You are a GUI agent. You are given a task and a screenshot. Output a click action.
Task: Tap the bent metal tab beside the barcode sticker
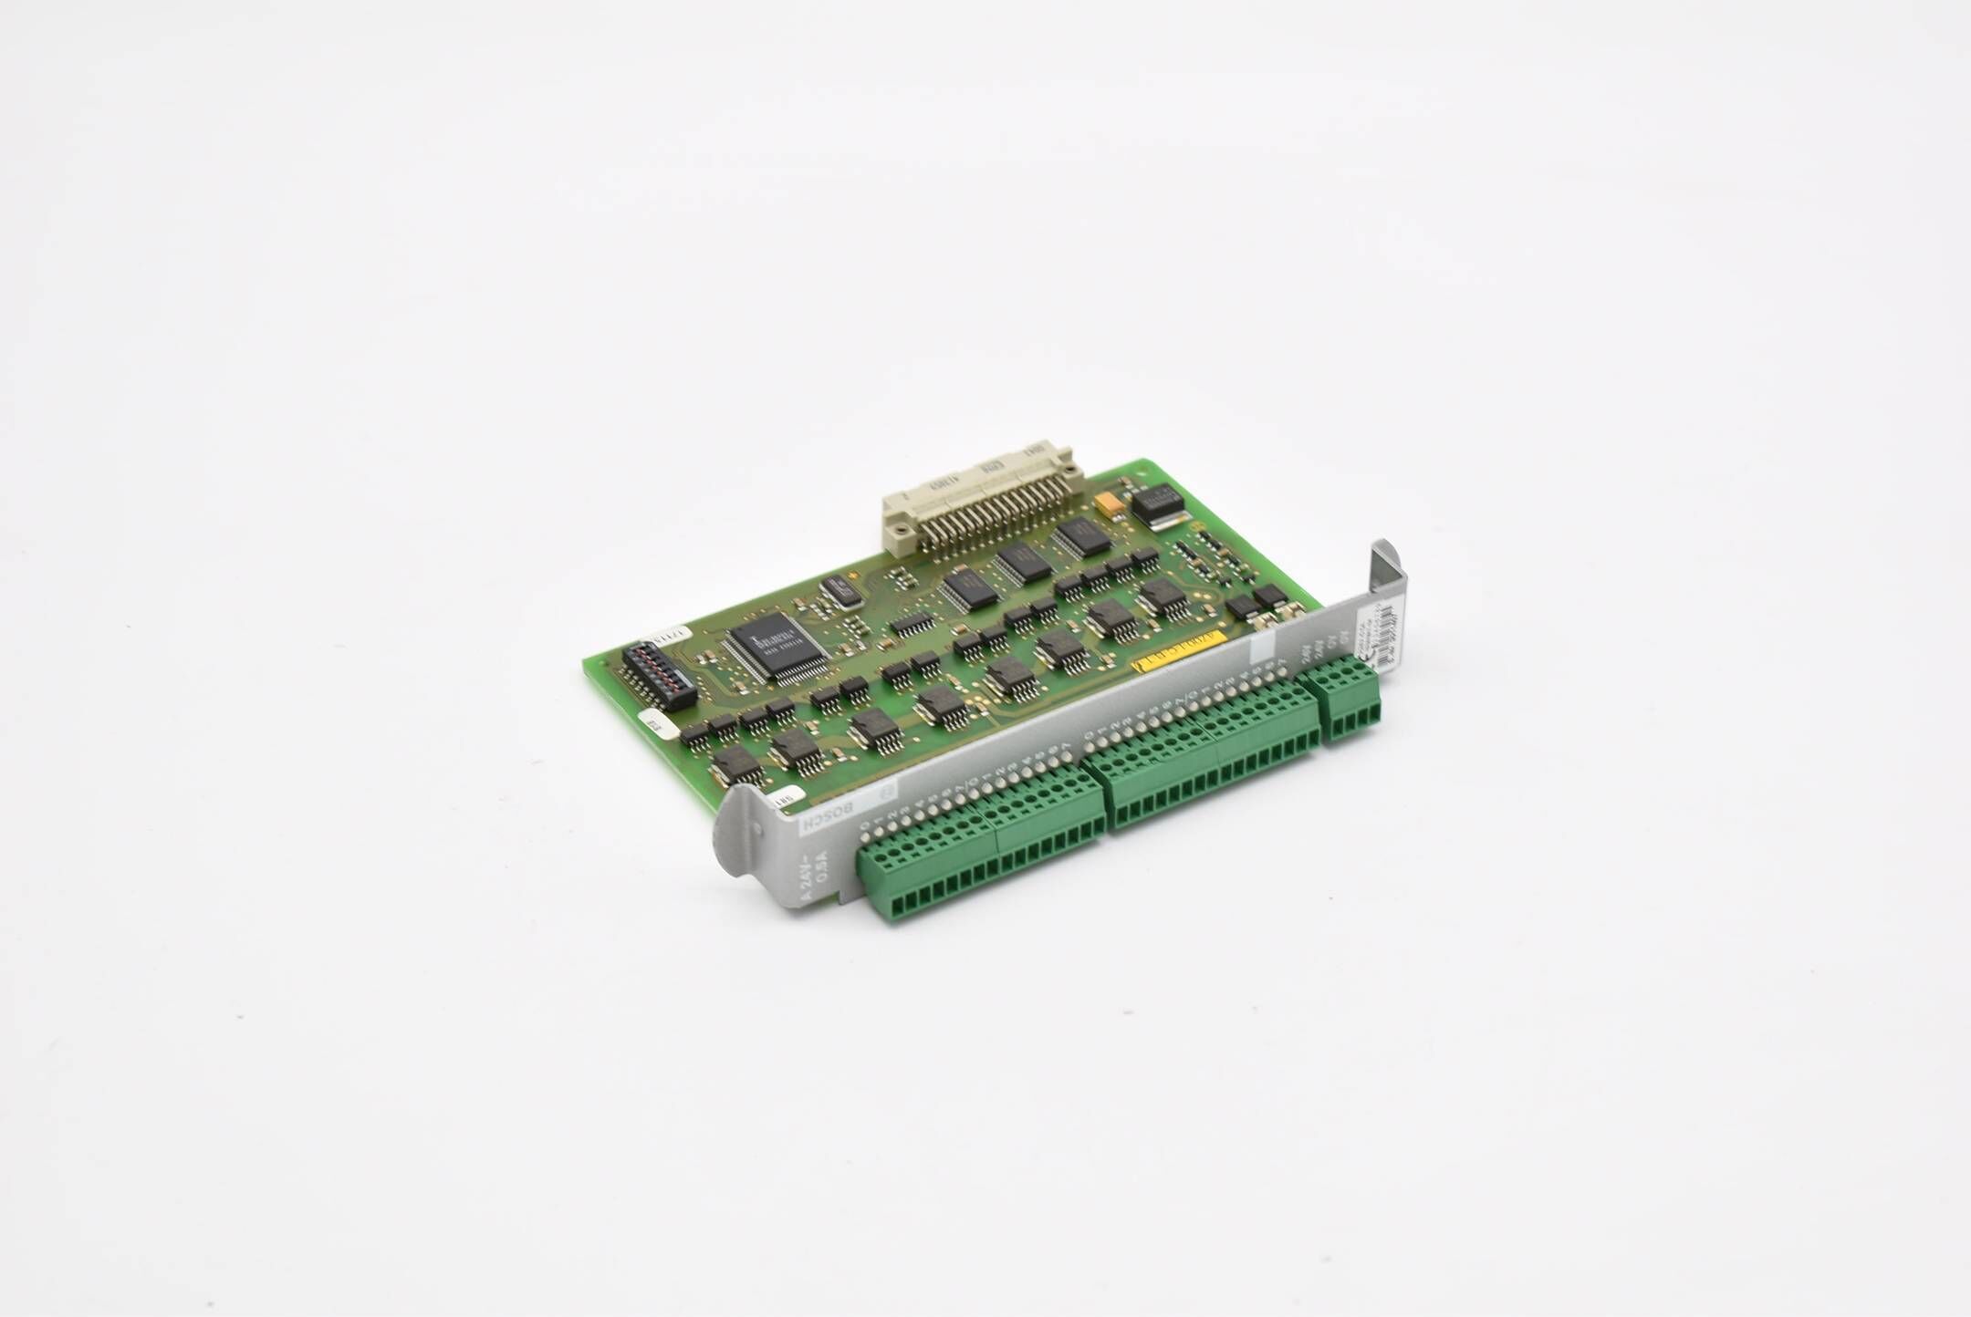[x=1387, y=571]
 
